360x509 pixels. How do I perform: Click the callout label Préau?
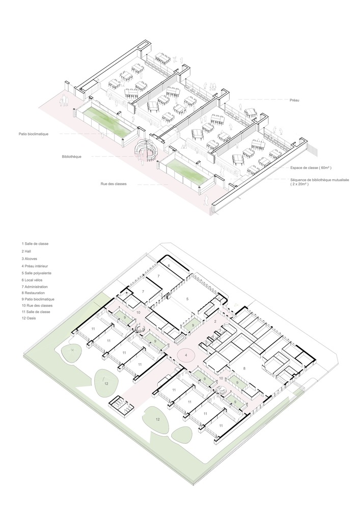[x=294, y=100]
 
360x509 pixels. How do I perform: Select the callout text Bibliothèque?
[x=71, y=157]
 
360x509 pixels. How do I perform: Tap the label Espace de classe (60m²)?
[x=311, y=168]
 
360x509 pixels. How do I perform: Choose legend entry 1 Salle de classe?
[x=35, y=243]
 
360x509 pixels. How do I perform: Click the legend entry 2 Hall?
[x=26, y=251]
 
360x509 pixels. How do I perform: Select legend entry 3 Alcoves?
[x=30, y=259]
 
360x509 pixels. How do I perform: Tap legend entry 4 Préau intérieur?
[x=35, y=266]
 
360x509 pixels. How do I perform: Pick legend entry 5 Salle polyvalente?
[x=36, y=273]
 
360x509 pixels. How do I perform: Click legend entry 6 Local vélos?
[x=32, y=280]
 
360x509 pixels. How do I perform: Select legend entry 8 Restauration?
[x=34, y=293]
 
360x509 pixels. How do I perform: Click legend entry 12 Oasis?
[x=29, y=318]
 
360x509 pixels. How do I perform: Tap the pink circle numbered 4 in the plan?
[x=186, y=356]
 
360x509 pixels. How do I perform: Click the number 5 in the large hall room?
[x=187, y=299]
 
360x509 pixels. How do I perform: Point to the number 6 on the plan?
[x=169, y=266]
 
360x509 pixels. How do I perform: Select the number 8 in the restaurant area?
[x=244, y=368]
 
